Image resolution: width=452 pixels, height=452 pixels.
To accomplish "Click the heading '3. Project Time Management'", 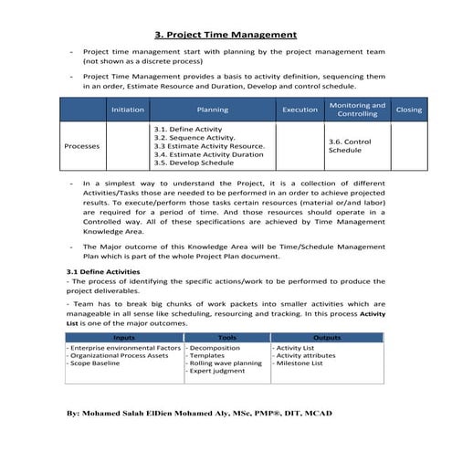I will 226,35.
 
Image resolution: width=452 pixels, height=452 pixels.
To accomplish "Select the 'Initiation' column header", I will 127,110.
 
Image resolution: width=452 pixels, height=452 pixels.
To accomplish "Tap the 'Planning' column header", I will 212,110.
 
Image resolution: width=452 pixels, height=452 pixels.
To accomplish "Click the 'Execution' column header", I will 300,110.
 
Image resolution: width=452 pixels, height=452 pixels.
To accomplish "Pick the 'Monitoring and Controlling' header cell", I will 357,110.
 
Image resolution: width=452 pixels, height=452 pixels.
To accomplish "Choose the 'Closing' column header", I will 408,110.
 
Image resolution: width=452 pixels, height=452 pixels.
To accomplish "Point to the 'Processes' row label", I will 83,146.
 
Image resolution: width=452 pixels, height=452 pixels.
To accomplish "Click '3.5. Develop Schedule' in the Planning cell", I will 194,163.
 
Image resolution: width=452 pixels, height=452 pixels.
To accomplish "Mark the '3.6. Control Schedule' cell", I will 349,146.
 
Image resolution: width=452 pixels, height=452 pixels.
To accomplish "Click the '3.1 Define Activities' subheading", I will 102,272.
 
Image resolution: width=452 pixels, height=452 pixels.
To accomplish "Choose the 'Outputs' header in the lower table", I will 326,338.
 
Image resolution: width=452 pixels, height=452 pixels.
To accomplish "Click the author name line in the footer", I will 199,414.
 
